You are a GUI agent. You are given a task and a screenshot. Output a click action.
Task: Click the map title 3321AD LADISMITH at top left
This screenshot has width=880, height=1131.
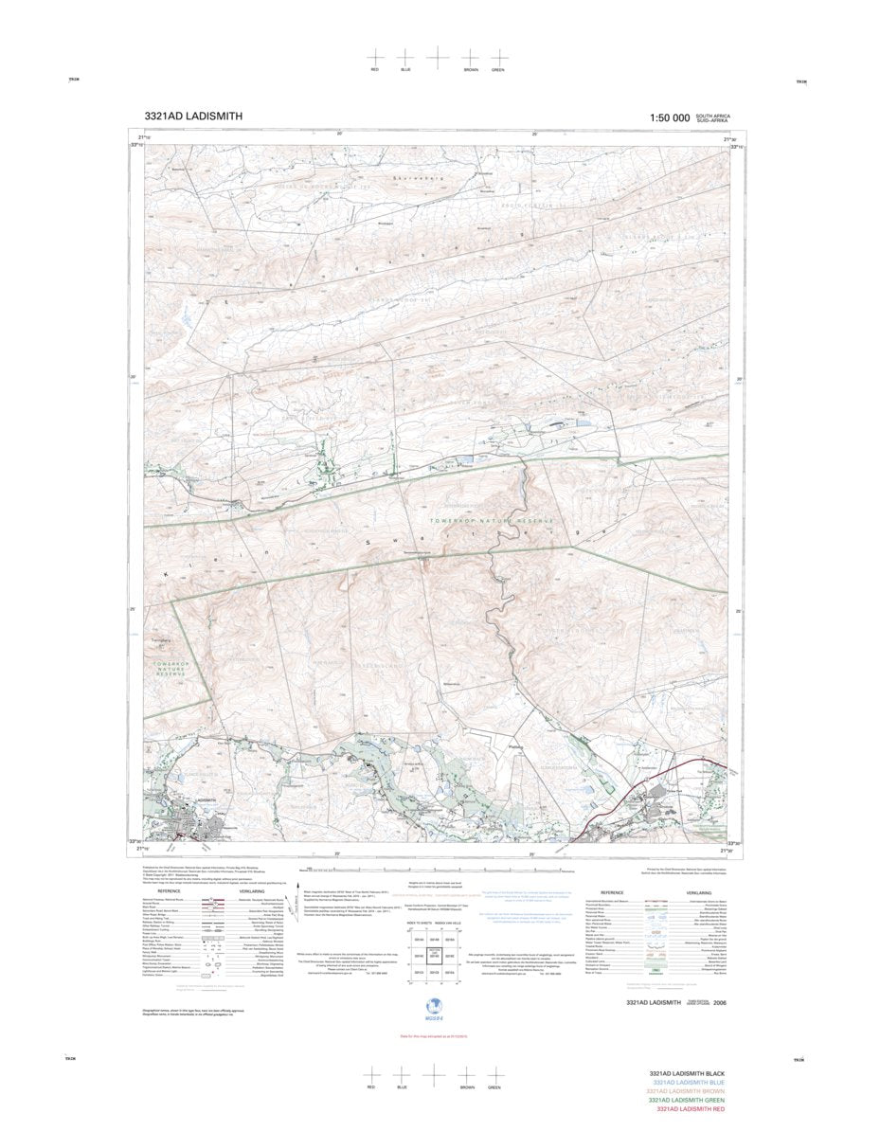(x=193, y=117)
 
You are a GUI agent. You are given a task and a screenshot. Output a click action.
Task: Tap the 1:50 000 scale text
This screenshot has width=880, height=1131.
(x=669, y=117)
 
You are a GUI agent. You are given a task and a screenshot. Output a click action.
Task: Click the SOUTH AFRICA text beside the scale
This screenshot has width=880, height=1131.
(x=712, y=115)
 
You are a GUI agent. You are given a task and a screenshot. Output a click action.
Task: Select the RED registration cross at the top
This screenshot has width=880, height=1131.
(x=375, y=57)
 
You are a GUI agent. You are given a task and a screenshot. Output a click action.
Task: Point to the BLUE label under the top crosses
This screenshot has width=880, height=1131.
(x=405, y=70)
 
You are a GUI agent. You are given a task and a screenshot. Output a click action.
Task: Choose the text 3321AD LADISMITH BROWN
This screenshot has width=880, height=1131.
(x=685, y=1091)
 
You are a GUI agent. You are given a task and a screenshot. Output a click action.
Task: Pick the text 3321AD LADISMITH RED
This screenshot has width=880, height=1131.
(x=691, y=1109)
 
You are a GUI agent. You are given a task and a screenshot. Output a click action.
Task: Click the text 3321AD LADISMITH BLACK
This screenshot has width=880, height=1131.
(x=688, y=1073)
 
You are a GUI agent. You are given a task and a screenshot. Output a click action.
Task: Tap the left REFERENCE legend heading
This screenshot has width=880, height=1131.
(x=169, y=891)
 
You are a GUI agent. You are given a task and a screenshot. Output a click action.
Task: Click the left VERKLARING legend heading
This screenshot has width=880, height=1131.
(x=252, y=891)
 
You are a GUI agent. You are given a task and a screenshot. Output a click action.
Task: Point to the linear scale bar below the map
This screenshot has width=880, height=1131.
(x=436, y=870)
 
